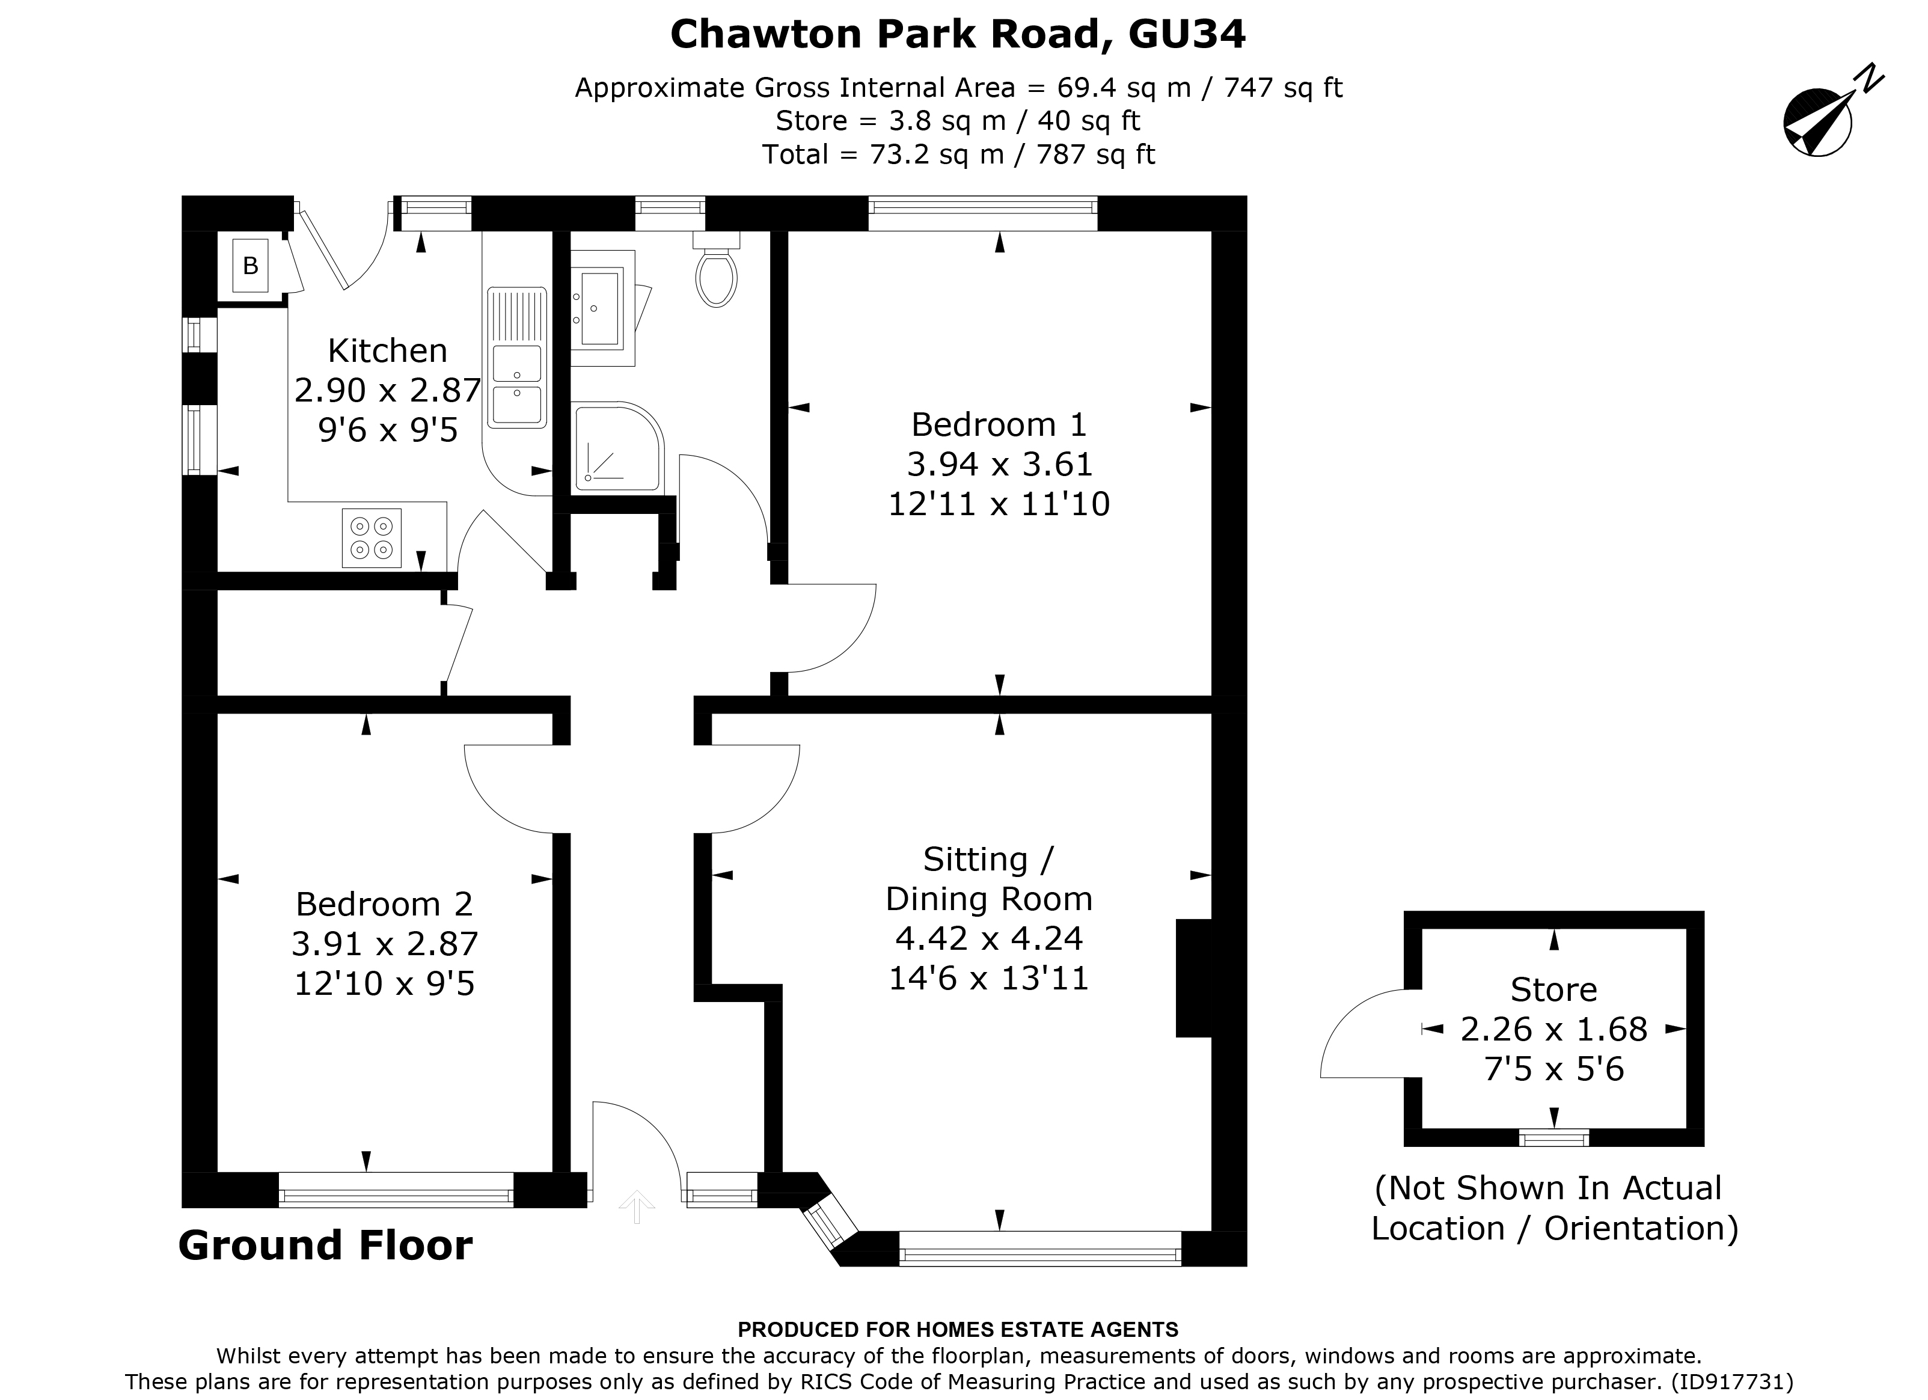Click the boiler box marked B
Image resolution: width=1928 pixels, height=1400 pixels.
click(x=250, y=266)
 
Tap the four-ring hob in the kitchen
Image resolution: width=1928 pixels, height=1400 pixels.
click(x=372, y=537)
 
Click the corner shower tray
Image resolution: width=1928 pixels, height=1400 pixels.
click(x=614, y=449)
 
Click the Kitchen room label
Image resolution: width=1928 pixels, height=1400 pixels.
click(x=388, y=350)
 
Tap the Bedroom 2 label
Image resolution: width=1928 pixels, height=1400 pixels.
click(x=384, y=903)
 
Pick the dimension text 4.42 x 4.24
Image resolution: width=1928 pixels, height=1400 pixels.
click(x=989, y=938)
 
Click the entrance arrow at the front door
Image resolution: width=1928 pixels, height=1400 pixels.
click(x=637, y=1206)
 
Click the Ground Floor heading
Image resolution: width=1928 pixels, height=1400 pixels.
click(x=326, y=1246)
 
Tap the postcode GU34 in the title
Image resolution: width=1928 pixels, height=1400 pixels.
click(x=1187, y=34)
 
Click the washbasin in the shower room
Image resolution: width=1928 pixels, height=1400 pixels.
click(x=600, y=308)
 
